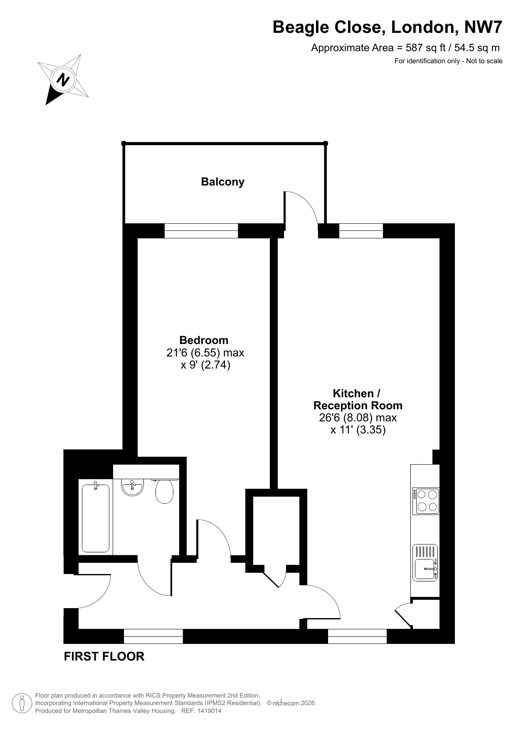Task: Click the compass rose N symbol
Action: point(63,79)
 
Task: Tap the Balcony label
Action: point(222,182)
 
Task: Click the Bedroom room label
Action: point(204,340)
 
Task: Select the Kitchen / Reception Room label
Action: point(358,399)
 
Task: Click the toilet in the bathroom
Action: point(165,491)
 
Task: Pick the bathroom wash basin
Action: point(133,487)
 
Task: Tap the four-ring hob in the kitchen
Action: point(426,501)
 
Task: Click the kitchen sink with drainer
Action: point(425,563)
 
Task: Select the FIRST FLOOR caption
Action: point(104,656)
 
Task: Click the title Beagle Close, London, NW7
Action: point(387,27)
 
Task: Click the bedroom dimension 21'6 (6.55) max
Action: point(205,353)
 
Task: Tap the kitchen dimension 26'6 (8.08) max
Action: point(358,417)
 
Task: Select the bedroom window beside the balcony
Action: point(201,231)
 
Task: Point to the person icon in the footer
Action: point(22,703)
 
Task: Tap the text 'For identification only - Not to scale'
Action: point(448,61)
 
